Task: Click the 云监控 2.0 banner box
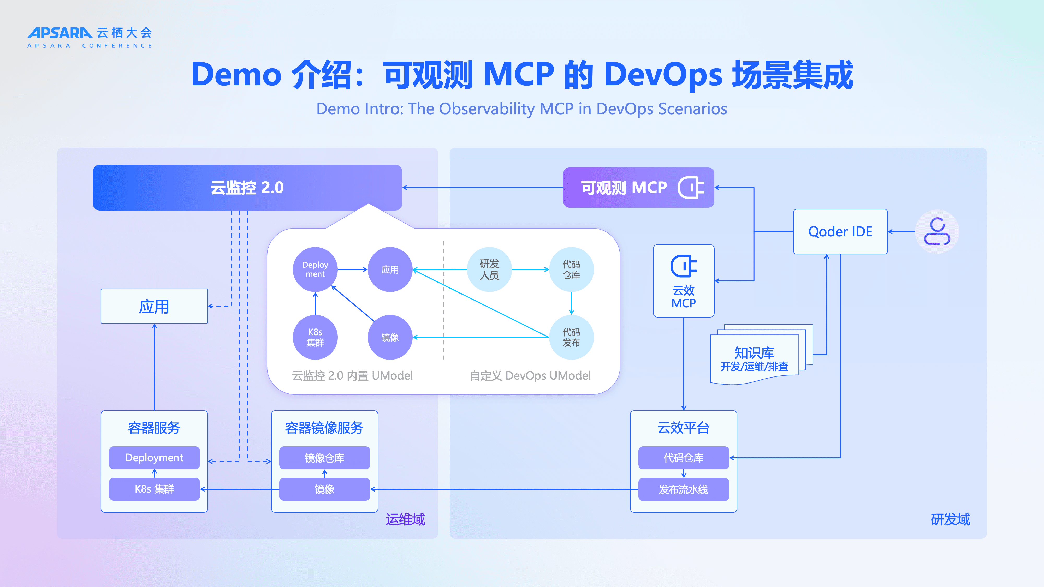coord(247,187)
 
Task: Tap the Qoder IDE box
coord(840,232)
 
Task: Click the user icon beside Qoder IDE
coord(937,231)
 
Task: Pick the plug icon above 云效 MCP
coord(684,266)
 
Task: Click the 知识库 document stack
coord(761,354)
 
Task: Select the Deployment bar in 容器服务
coord(155,458)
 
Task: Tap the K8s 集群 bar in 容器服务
coord(155,489)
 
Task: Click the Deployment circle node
coord(315,269)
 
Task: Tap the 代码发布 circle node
coord(571,337)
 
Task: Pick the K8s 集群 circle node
coord(315,337)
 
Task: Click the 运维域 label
coord(405,519)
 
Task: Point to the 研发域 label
coord(950,519)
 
